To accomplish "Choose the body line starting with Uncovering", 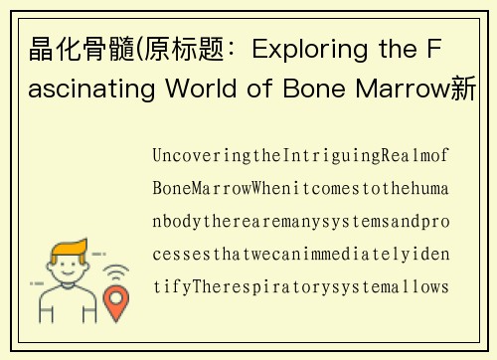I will tap(302, 156).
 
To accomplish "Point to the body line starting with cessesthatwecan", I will tap(302, 255).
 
